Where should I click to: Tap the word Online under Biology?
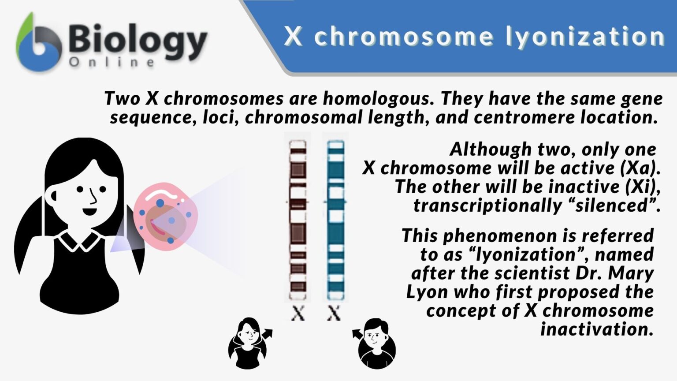(112, 63)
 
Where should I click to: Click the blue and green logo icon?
(39, 44)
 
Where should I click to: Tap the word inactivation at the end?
(597, 329)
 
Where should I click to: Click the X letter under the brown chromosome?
(298, 314)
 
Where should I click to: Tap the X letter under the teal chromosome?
(334, 314)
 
